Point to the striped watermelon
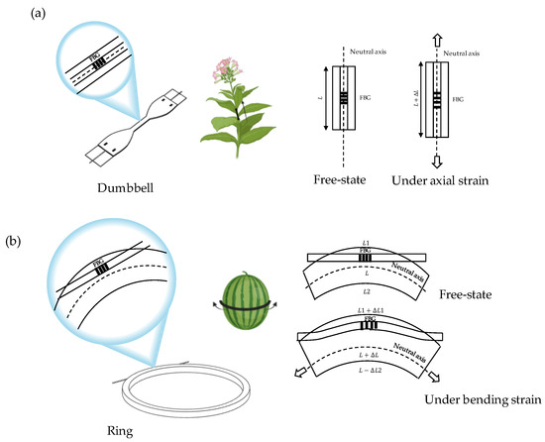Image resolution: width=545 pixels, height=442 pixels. [x=247, y=299]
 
